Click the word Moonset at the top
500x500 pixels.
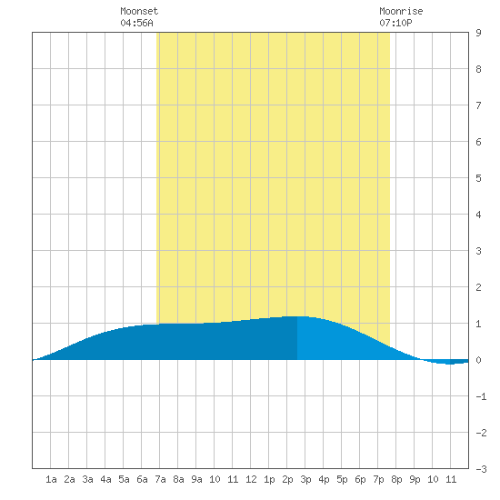tap(139, 11)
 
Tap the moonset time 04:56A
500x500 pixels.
tap(136, 23)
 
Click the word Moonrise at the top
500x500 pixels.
tap(401, 11)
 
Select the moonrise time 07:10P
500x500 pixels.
tap(395, 23)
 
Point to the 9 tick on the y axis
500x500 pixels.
tap(478, 33)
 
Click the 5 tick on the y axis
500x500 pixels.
tap(478, 178)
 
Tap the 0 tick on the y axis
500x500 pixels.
tap(478, 360)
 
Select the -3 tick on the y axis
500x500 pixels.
tap(481, 469)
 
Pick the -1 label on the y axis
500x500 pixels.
tap(481, 396)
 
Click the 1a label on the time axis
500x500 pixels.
tap(51, 479)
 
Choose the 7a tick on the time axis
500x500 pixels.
tap(160, 479)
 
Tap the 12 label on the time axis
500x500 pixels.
tap(251, 479)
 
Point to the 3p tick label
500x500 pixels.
tap(305, 479)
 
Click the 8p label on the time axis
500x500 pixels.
tap(396, 479)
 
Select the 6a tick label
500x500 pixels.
tap(142, 479)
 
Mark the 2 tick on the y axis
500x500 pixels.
tap(478, 287)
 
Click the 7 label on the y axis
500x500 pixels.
tap(478, 105)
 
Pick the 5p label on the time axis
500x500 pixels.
tap(342, 479)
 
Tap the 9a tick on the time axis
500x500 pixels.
tap(196, 479)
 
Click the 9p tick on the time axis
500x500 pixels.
tap(415, 479)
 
